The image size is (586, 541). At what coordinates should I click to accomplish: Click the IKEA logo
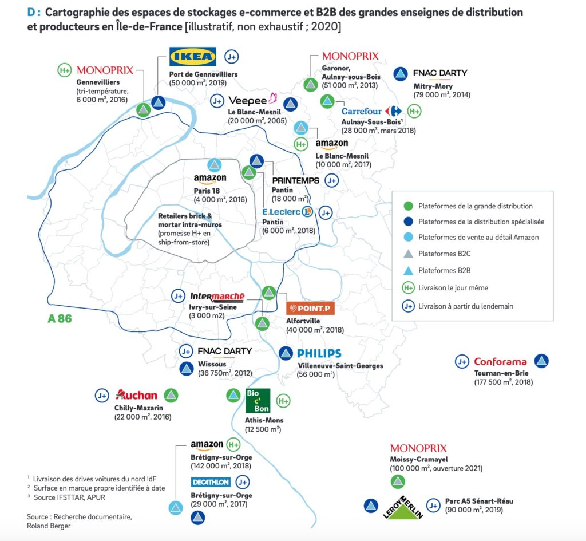coord(193,57)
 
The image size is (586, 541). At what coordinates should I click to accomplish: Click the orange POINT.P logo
coord(310,308)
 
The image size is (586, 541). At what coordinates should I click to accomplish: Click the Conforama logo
coord(500,362)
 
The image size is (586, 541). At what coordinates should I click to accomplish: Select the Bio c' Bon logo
coord(258,401)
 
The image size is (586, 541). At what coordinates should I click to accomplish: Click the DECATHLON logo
coord(211,482)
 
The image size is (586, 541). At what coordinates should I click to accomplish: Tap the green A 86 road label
coord(60,319)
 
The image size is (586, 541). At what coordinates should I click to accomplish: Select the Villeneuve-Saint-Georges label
coord(340,366)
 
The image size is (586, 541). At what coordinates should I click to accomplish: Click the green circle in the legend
coord(408,206)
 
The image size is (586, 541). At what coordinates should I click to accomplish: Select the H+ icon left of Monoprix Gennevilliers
coord(65,70)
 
